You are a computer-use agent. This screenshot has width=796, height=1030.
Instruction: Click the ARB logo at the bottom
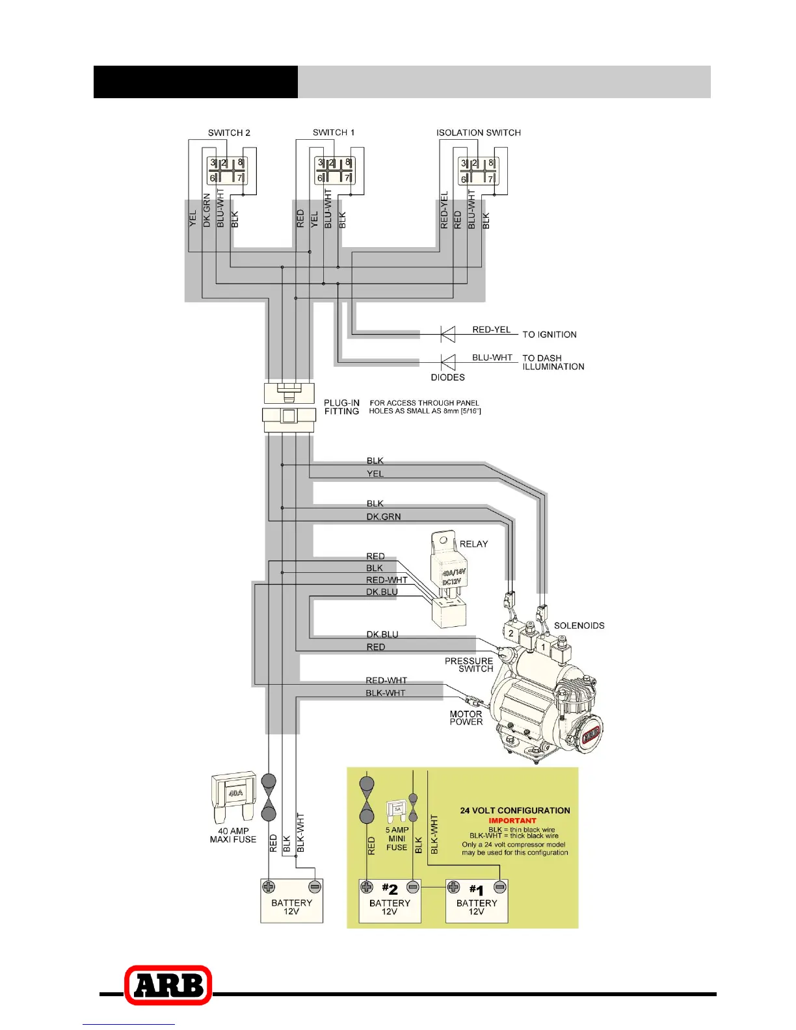[x=168, y=985]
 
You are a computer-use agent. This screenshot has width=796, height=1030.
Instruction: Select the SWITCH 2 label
[x=229, y=133]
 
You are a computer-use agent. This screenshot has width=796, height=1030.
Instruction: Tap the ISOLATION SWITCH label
[x=478, y=133]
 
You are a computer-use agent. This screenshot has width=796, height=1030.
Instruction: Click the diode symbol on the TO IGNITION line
[x=447, y=334]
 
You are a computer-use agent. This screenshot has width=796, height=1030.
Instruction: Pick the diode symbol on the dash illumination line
[x=447, y=362]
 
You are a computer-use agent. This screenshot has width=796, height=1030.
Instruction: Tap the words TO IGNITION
[x=550, y=335]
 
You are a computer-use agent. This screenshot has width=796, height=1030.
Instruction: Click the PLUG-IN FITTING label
[x=341, y=407]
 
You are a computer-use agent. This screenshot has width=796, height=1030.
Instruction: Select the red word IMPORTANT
[x=512, y=821]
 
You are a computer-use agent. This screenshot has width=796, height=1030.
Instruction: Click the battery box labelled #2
[x=390, y=901]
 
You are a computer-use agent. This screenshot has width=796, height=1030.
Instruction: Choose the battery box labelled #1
[x=477, y=901]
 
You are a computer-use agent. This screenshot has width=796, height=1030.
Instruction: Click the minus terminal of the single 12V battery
[x=315, y=886]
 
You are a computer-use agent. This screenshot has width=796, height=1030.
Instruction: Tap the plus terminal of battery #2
[x=367, y=887]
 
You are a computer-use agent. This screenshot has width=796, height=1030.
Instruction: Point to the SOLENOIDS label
[x=579, y=626]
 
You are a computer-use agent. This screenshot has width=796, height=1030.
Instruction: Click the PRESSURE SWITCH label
[x=469, y=665]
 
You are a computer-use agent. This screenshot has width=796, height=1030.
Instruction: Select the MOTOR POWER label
[x=466, y=718]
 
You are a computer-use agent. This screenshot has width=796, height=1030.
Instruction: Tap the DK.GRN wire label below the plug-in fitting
[x=383, y=517]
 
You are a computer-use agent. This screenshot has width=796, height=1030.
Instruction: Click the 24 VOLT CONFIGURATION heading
[x=514, y=810]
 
